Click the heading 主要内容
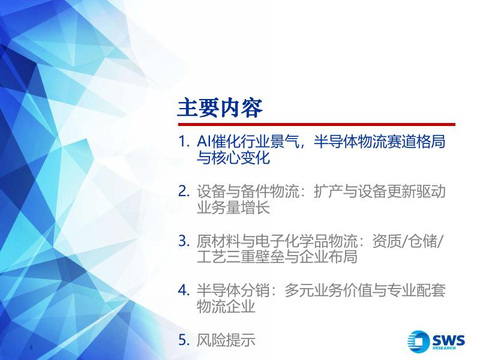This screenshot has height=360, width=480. click(220, 108)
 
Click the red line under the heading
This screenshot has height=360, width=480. click(317, 125)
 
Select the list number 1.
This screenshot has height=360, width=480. click(184, 142)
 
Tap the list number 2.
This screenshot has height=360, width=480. click(184, 191)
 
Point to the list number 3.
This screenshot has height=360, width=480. click(184, 241)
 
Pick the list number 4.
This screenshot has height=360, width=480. click(184, 290)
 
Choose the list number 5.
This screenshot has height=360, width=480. click(184, 340)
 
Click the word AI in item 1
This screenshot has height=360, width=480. click(203, 142)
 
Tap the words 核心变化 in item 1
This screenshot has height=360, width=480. click(241, 157)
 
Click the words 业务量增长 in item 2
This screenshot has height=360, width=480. click(233, 207)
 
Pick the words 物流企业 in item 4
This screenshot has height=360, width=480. click(226, 306)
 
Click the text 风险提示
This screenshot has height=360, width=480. click(226, 340)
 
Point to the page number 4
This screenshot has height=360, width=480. click(31, 347)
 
